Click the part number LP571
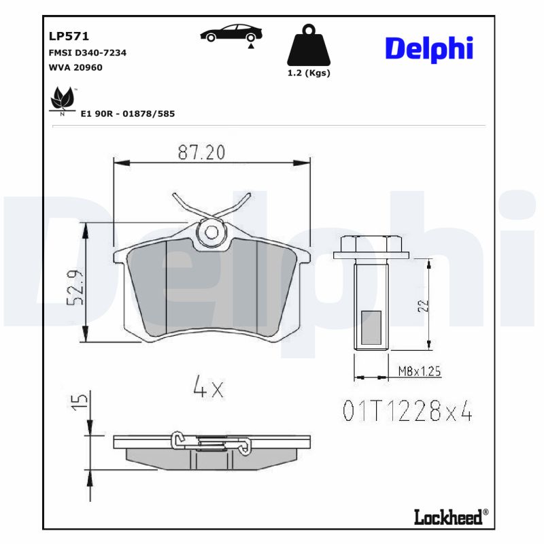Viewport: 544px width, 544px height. pos(69,37)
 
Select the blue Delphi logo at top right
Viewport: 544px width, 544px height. pos(429,48)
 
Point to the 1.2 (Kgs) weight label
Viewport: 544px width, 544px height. pos(309,73)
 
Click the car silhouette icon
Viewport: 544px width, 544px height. pos(232,33)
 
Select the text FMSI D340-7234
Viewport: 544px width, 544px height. pos(87,52)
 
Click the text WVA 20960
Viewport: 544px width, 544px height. pos(75,67)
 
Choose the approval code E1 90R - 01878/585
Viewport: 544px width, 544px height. pos(127,114)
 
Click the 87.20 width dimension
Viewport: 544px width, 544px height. pos(201,153)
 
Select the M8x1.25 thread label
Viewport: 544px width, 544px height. pos(419,371)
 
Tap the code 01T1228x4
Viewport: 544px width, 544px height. pos(407,411)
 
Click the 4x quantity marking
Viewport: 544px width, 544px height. pos(208,388)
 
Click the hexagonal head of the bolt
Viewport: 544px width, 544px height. pos(371,243)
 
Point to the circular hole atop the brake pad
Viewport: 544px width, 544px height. pos(211,233)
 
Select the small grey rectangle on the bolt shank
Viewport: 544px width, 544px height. pos(371,326)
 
